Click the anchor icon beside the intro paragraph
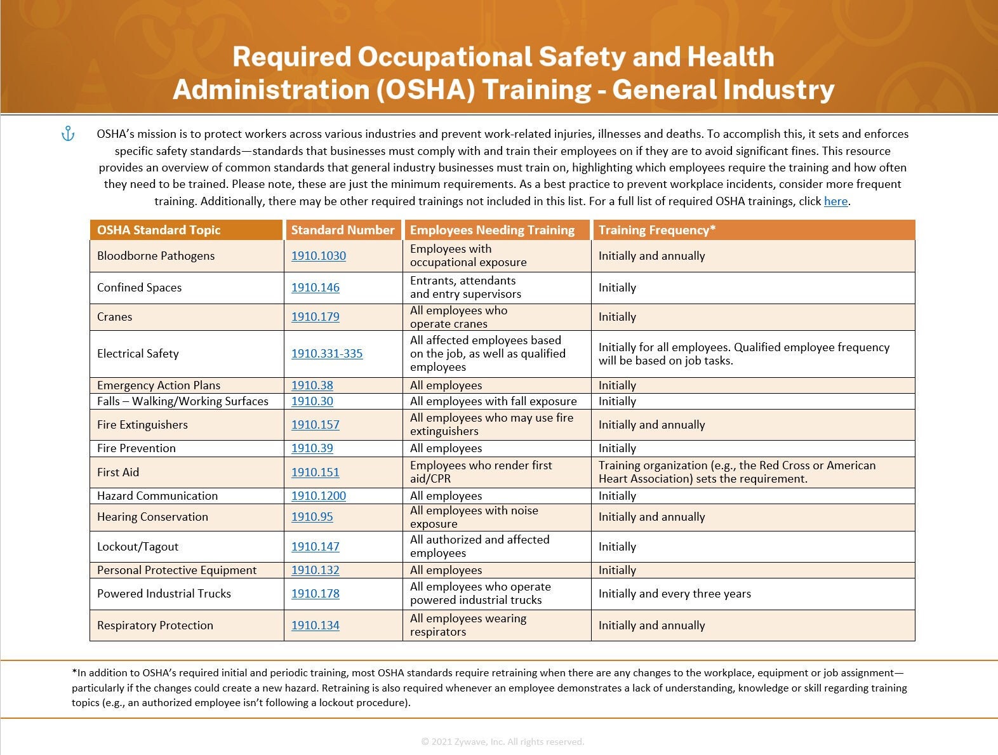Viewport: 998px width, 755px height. (68, 134)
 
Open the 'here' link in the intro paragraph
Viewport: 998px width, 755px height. (835, 201)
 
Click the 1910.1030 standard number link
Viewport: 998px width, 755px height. (318, 256)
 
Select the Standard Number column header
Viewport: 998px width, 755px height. (342, 230)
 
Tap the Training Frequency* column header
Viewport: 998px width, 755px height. (656, 230)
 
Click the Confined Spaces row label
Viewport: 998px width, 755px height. (139, 288)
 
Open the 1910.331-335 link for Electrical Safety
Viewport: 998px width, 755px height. (326, 354)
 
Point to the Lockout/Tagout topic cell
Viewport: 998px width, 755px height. (138, 547)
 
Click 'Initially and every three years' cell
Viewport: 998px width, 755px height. (674, 594)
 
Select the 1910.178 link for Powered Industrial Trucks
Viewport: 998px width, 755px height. (315, 594)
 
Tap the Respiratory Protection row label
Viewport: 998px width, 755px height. (155, 625)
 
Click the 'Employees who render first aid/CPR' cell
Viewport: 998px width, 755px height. (481, 472)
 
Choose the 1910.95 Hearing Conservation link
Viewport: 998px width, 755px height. (312, 517)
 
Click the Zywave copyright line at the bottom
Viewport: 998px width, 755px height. (502, 742)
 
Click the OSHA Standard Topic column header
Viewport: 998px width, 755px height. (159, 230)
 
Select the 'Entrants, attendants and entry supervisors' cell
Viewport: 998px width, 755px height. (465, 287)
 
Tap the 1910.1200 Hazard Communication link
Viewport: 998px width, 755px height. (318, 496)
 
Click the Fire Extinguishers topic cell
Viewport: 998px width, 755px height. (142, 425)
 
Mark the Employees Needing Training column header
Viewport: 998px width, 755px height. (492, 230)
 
